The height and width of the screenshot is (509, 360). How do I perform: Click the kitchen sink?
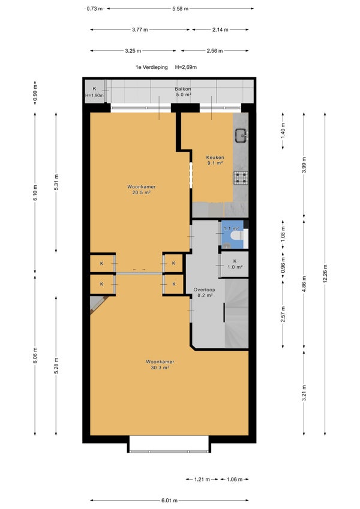pyautogui.click(x=241, y=135)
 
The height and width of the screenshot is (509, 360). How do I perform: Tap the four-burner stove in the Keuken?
pyautogui.click(x=241, y=177)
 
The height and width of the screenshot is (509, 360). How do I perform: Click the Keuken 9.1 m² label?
pyautogui.click(x=215, y=160)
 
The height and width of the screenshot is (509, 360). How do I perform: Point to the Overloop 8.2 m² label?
pyautogui.click(x=205, y=293)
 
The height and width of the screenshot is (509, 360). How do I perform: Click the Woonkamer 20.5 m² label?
pyautogui.click(x=142, y=189)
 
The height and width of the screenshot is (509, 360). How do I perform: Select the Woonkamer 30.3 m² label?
pyautogui.click(x=160, y=365)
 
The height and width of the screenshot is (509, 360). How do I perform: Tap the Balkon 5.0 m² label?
pyautogui.click(x=183, y=92)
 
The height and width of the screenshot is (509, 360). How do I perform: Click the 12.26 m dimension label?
pyautogui.click(x=325, y=273)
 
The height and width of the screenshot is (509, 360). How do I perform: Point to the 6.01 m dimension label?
pyautogui.click(x=169, y=500)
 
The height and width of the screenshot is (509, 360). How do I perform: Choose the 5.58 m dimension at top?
pyautogui.click(x=181, y=9)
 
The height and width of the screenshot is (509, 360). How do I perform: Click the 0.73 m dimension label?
pyautogui.click(x=95, y=9)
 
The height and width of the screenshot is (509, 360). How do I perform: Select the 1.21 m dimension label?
pyautogui.click(x=202, y=479)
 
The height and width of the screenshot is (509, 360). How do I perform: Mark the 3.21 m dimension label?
pyautogui.click(x=304, y=393)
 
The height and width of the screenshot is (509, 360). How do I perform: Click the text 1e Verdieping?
pyautogui.click(x=151, y=67)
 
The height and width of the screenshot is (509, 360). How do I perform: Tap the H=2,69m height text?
pyautogui.click(x=186, y=67)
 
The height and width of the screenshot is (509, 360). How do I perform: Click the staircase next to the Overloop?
pyautogui.click(x=236, y=314)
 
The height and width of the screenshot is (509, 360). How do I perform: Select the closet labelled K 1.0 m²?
pyautogui.click(x=235, y=264)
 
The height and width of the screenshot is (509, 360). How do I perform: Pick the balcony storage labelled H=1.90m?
pyautogui.click(x=95, y=92)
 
